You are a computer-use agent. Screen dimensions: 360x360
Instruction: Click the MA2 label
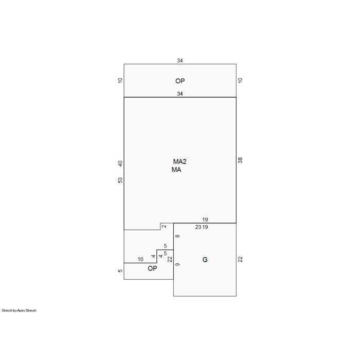coord(179,161)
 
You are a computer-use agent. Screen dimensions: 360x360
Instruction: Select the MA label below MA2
coord(176,170)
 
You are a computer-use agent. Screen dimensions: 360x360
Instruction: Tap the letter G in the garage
coord(205,260)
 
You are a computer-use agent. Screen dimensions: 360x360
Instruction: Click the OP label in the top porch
coord(180,81)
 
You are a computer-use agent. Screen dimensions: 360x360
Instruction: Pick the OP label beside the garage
coord(152,268)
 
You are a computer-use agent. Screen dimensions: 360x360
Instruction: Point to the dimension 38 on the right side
coord(240,160)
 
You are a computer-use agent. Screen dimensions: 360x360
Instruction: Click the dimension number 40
coord(120,164)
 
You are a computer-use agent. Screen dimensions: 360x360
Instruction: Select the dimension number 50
coord(120,180)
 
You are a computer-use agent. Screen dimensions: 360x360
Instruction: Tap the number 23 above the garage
coord(198,227)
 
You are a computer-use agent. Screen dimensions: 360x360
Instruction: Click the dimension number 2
coord(164,226)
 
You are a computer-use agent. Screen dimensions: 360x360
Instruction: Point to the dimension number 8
coord(177,236)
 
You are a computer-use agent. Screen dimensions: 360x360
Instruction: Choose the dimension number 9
coord(177,264)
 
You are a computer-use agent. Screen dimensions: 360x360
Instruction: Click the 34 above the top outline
coord(180,61)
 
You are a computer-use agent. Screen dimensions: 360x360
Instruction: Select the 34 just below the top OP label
coord(180,94)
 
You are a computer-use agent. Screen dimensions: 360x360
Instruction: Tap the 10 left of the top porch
coord(120,80)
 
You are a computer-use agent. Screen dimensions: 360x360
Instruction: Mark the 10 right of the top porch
coord(240,80)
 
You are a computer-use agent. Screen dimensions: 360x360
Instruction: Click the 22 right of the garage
coord(240,259)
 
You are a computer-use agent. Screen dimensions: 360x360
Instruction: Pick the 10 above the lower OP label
coord(140,259)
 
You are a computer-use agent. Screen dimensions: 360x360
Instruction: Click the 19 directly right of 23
coord(205,227)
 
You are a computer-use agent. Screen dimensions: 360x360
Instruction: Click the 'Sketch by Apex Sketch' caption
coord(19,311)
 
